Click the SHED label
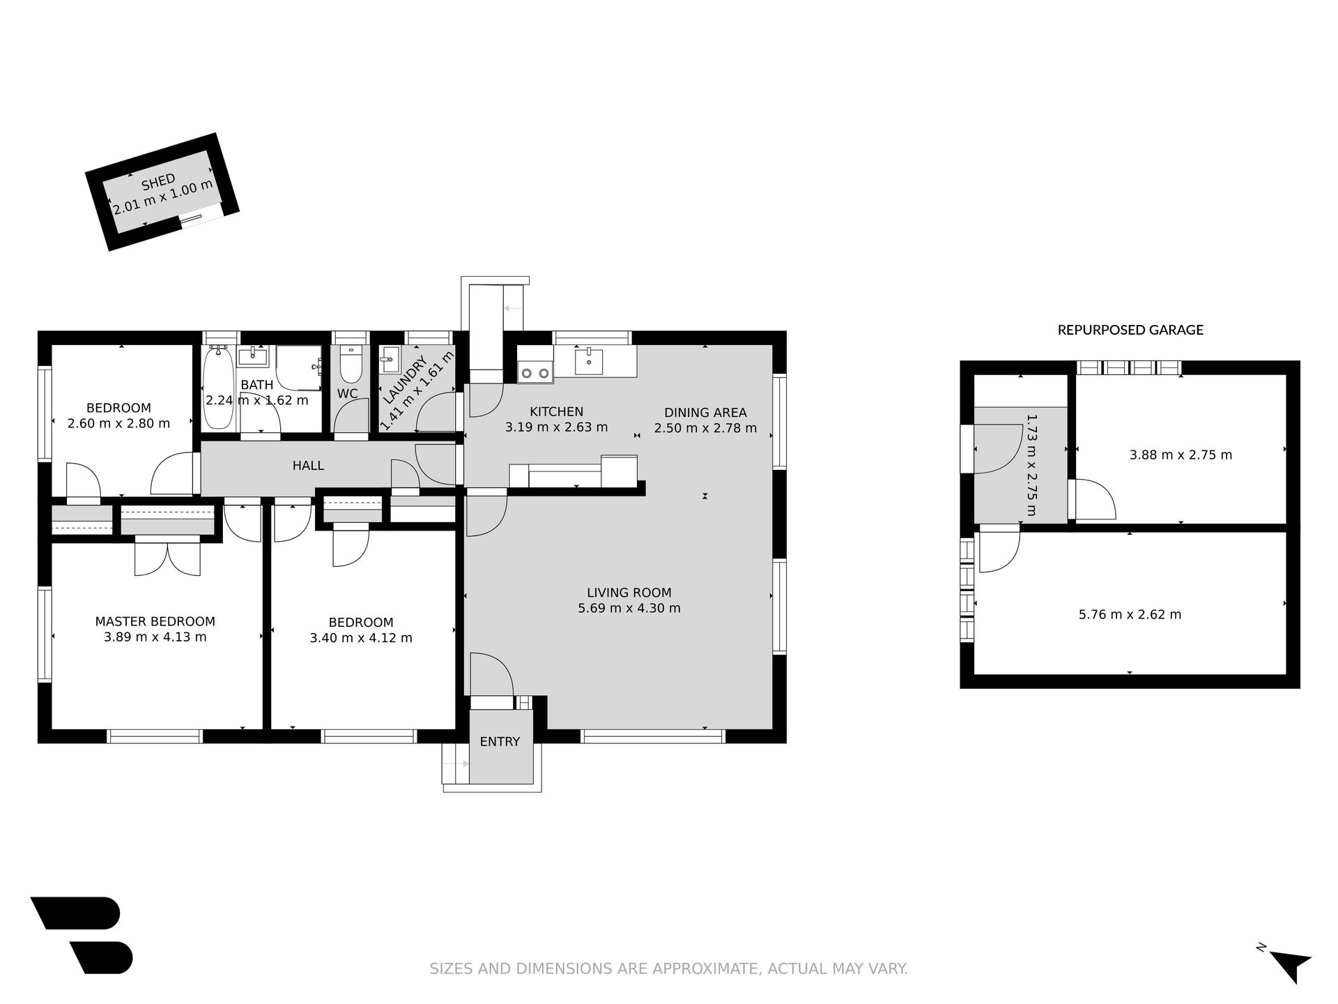(x=158, y=183)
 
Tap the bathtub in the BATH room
(x=220, y=388)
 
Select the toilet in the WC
(x=350, y=365)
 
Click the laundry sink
(x=390, y=361)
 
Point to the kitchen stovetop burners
(x=535, y=373)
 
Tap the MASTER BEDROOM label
(x=155, y=621)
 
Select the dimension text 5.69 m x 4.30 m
(x=629, y=608)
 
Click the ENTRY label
(x=500, y=741)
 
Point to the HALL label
(x=308, y=465)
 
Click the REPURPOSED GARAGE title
(x=1130, y=330)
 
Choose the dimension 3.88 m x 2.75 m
(x=1181, y=455)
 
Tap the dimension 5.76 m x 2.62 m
(x=1130, y=614)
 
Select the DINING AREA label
(x=705, y=413)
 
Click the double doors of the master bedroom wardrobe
(x=167, y=558)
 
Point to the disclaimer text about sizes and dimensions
(x=668, y=968)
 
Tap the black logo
(x=82, y=935)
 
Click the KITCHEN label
(x=556, y=411)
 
